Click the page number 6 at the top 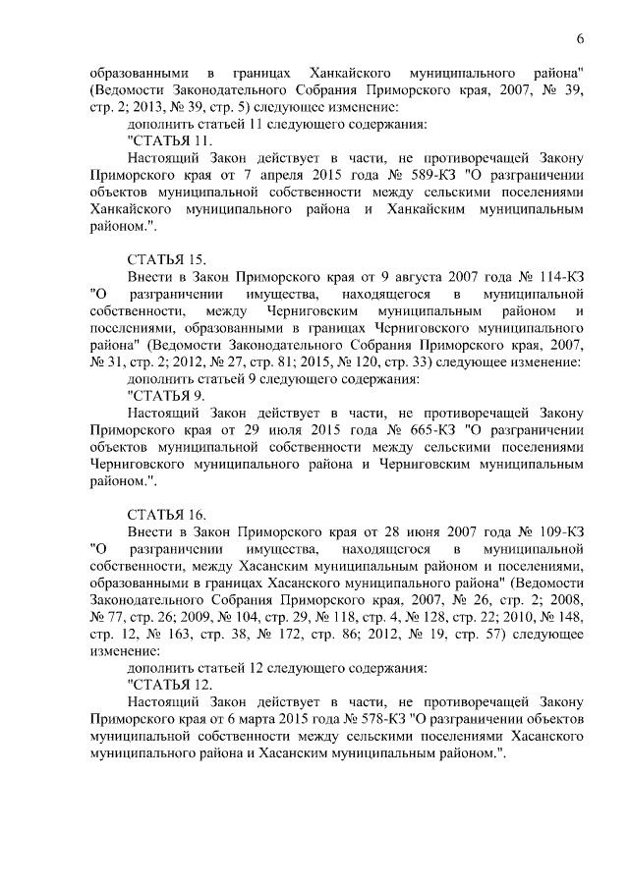(581, 38)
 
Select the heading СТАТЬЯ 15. (167, 259)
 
